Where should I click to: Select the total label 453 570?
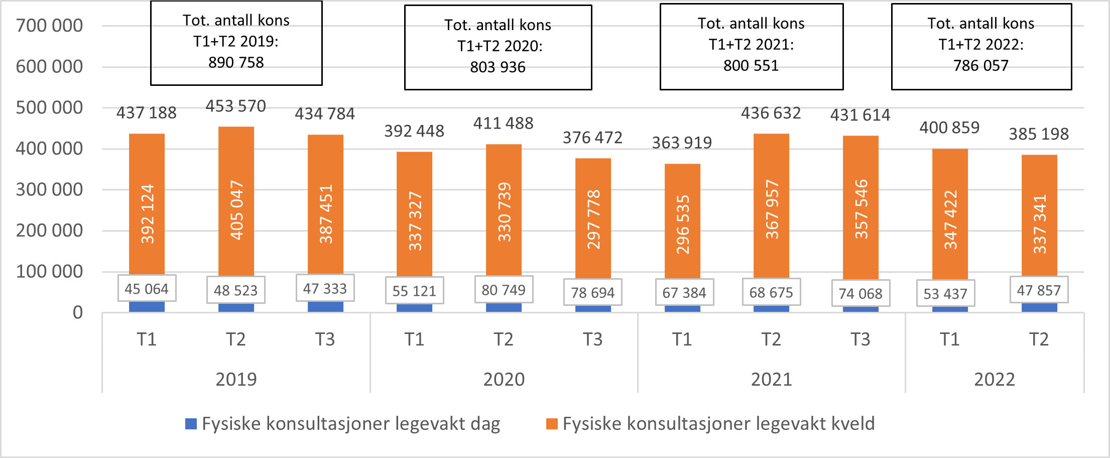(x=235, y=106)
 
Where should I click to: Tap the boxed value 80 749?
(x=504, y=290)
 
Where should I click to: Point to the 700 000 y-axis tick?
(x=49, y=26)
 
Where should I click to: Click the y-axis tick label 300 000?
(x=49, y=190)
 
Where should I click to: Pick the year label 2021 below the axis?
(x=771, y=379)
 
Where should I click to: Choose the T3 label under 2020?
(x=592, y=339)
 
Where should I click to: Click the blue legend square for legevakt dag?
(x=191, y=424)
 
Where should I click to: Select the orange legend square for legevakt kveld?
(x=552, y=424)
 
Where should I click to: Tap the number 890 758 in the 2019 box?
(x=236, y=62)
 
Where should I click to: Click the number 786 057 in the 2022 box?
(x=980, y=65)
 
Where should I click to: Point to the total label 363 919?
(x=682, y=143)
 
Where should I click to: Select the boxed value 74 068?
(x=860, y=293)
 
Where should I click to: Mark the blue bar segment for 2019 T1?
(x=147, y=307)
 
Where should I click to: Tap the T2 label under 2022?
(x=1039, y=339)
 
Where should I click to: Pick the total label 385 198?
(x=1039, y=134)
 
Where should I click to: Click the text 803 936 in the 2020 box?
(x=498, y=67)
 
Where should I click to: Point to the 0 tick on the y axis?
(x=77, y=313)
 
